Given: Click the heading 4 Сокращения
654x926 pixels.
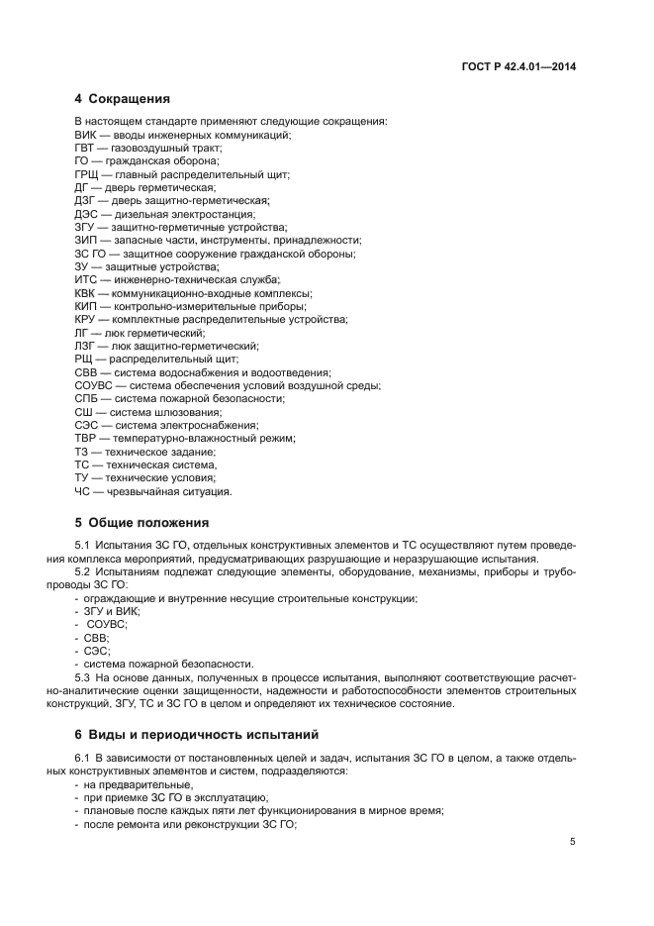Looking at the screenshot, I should click(122, 99).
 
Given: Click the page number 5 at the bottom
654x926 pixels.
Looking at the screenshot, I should click(573, 842).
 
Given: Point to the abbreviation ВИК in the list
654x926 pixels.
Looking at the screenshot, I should click(86, 135).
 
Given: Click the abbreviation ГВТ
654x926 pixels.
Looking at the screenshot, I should click(86, 148).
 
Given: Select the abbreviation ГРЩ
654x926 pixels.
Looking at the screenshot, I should click(87, 173).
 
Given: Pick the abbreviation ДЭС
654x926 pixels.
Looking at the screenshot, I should click(86, 213).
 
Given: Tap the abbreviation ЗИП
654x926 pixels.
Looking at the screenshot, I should click(86, 240).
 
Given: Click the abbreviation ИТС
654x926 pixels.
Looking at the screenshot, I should click(86, 279).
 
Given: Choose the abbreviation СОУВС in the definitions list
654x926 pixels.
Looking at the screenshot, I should click(94, 385).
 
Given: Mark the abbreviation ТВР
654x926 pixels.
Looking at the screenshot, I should click(86, 438).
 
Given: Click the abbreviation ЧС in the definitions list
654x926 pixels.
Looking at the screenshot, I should click(83, 490).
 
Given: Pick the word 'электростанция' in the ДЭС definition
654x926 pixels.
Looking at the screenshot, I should click(217, 213).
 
